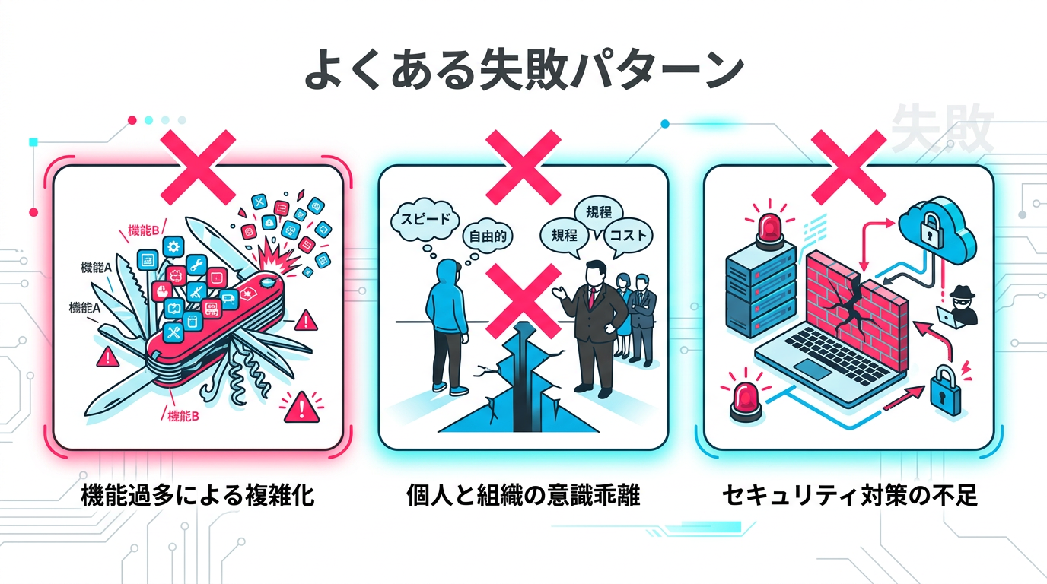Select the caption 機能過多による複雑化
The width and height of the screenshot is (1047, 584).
pos(198,497)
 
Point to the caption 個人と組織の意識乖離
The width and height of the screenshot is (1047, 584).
pos(523,497)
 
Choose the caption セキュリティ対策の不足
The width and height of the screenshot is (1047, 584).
pos(849,497)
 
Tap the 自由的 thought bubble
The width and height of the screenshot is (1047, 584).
pos(488,236)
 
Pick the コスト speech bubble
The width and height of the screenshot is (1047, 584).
pos(629,236)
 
